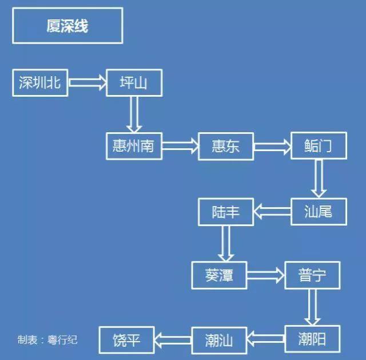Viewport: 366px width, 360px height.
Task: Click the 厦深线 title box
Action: tap(67, 26)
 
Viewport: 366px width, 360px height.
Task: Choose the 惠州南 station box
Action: tap(134, 146)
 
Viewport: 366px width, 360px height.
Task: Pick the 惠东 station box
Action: tap(226, 146)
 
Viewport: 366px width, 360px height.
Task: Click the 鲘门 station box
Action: tap(319, 146)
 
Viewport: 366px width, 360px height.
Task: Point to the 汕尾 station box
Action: tap(319, 212)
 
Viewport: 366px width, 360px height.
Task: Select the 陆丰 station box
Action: tap(226, 212)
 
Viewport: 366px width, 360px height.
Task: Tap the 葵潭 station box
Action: tap(220, 275)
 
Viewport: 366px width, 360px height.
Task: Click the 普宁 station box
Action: tap(312, 275)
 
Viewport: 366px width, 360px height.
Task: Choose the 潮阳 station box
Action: tap(312, 339)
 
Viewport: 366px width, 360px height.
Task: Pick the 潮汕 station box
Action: tap(219, 339)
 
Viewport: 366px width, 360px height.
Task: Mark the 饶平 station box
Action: tap(127, 339)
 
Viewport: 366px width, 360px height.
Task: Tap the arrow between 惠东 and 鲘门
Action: tap(272, 147)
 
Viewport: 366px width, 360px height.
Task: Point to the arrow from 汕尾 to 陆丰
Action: tap(272, 212)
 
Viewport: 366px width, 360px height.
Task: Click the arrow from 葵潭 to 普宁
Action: tap(266, 275)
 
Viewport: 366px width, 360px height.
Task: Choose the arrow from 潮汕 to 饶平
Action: tap(173, 339)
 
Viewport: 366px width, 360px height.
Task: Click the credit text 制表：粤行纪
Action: tap(47, 339)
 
